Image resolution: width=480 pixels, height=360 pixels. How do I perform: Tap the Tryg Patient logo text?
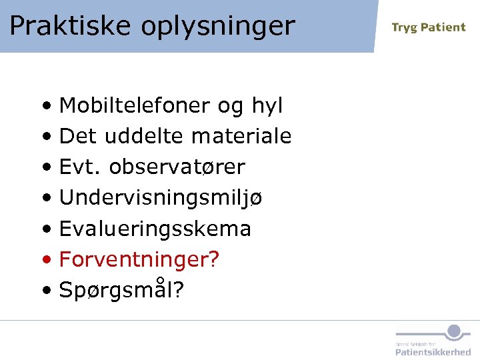(x=428, y=27)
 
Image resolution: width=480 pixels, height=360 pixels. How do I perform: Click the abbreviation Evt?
(x=81, y=167)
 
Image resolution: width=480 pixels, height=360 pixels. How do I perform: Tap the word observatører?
(x=177, y=167)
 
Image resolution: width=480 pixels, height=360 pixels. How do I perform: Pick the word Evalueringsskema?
(x=155, y=229)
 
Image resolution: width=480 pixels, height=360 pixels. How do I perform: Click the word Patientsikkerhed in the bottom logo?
(x=433, y=351)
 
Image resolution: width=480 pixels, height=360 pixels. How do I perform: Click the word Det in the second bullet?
(x=76, y=137)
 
